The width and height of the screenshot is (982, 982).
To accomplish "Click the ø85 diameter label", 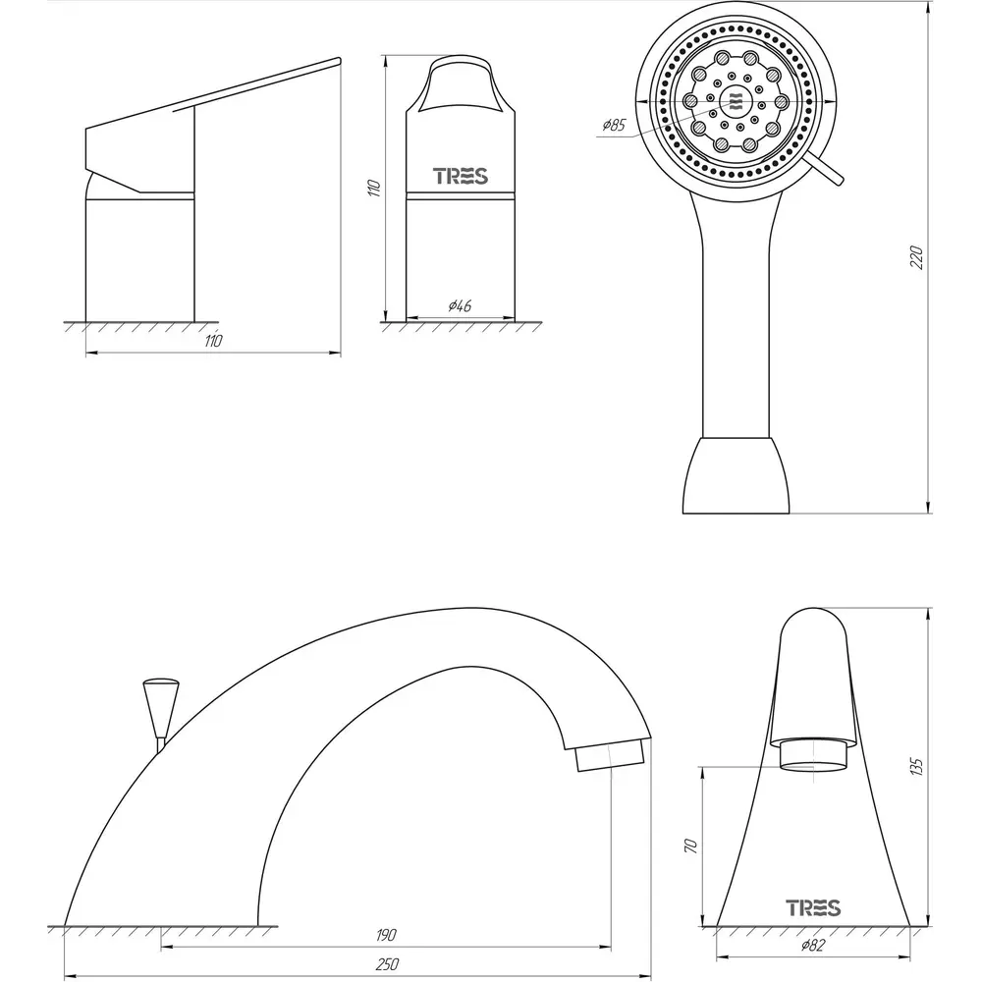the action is tap(614, 125).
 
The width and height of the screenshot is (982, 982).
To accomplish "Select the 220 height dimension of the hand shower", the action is tap(917, 258).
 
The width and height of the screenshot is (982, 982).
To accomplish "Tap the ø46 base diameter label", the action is tap(460, 305).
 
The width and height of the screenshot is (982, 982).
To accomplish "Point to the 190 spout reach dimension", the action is tap(386, 935).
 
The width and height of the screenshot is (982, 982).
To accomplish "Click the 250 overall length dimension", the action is tap(387, 964).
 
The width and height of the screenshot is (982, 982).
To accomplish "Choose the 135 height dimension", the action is tap(917, 767).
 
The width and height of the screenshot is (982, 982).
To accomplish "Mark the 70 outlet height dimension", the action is tap(690, 846).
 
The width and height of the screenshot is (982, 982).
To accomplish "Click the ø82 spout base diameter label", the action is tap(812, 946).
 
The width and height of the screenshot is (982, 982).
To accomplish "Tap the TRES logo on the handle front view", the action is tap(461, 176).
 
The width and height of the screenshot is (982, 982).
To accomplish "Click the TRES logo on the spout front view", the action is tap(813, 907).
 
